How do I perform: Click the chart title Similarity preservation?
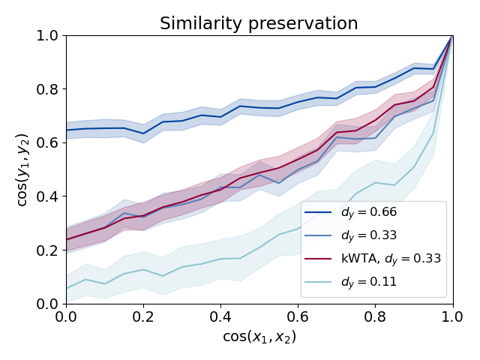[259, 23]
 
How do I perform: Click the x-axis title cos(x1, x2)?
[259, 337]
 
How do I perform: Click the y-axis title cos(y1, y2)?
[23, 169]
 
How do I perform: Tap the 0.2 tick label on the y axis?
[49, 250]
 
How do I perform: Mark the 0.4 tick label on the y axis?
[49, 196]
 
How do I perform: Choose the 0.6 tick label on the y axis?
[49, 143]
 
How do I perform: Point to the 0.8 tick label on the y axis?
[49, 89]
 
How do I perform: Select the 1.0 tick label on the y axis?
[49, 36]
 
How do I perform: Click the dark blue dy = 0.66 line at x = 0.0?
[67, 130]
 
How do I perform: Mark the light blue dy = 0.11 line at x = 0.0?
[67, 288]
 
